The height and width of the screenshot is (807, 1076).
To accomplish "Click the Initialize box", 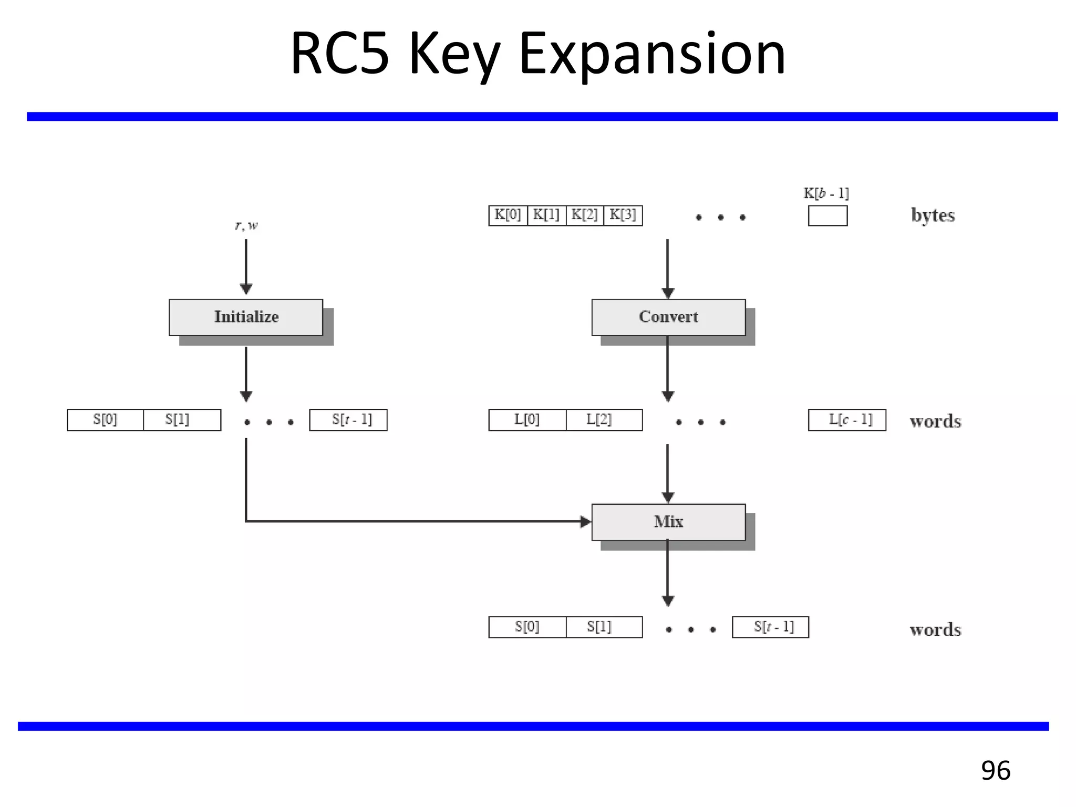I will (246, 317).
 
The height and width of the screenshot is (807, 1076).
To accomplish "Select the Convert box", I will (668, 317).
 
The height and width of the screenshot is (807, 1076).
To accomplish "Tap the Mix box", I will (668, 522).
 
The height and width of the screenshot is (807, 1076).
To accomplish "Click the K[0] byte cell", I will (508, 215).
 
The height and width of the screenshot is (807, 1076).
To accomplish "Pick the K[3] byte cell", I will (623, 215).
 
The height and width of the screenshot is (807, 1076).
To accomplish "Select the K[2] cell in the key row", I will (585, 215).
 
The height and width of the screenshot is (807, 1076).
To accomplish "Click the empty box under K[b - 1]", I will (827, 216).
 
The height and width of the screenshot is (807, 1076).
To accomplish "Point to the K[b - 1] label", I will (826, 193).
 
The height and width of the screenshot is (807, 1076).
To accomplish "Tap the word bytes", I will (933, 215).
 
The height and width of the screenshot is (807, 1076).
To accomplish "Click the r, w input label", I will (246, 225).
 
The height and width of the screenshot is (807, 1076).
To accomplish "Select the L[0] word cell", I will (527, 420).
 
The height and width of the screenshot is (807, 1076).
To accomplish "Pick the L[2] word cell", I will (604, 420).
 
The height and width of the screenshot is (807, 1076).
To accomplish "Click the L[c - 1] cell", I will (847, 420).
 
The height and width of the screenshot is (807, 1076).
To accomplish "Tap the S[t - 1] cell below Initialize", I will (348, 420).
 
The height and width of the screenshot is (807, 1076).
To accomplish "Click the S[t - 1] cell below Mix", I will (770, 627).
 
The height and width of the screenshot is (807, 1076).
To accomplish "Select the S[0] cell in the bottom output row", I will (527, 627).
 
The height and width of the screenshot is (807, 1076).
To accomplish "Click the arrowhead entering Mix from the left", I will (585, 522).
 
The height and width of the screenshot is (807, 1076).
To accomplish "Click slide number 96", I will (995, 771).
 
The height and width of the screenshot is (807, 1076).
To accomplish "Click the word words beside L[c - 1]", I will (935, 421).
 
